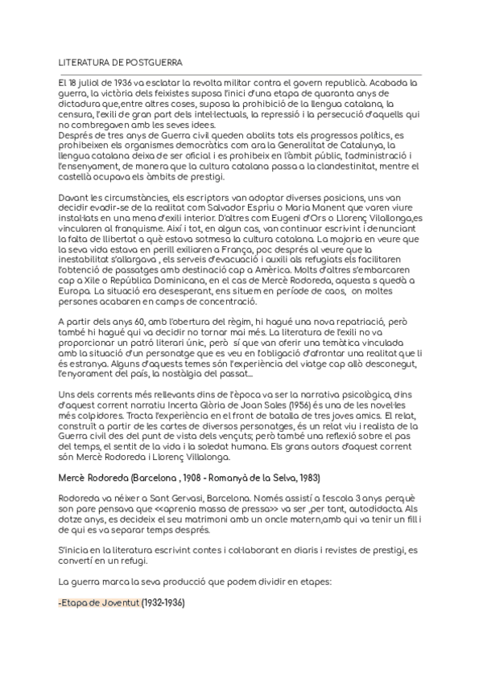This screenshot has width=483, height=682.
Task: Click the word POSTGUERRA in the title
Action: coord(152,61)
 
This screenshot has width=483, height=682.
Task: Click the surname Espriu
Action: coord(265,207)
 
